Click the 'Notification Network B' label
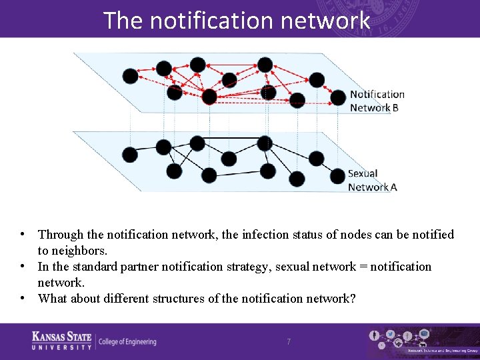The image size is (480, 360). [377, 101]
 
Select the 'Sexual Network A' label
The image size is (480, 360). [372, 180]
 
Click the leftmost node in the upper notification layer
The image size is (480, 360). [131, 76]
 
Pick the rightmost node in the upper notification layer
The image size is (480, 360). [339, 97]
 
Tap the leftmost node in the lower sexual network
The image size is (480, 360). [131, 155]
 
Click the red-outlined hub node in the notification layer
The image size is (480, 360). [209, 97]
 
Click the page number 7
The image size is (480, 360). [289, 341]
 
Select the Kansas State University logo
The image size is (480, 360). [62, 340]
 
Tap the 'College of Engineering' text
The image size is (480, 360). [127, 342]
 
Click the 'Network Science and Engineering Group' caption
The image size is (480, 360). [442, 350]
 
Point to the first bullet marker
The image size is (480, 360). [23, 234]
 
